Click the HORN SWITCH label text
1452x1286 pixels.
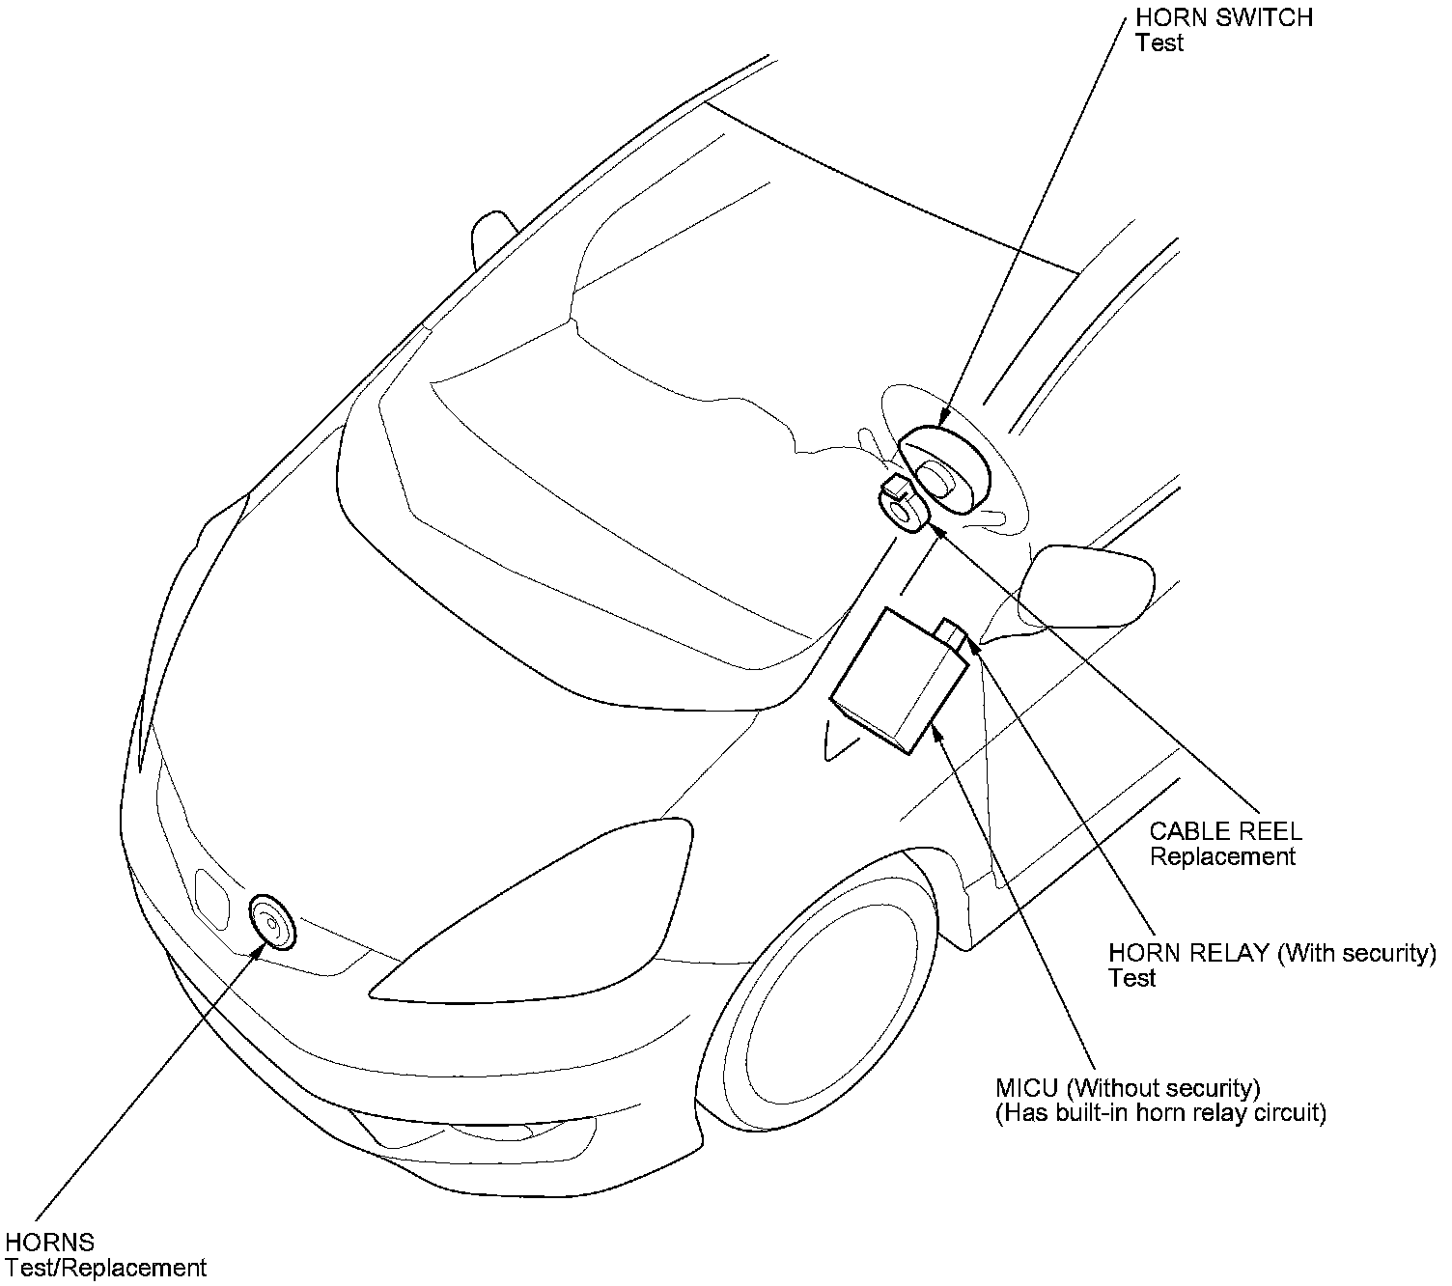(x=1223, y=18)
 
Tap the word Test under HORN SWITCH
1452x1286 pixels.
(x=1159, y=43)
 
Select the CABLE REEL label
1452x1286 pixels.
(x=1225, y=830)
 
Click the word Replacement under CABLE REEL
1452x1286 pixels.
(x=1222, y=856)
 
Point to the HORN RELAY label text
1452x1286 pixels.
(x=1188, y=953)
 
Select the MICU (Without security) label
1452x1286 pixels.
(x=1127, y=1088)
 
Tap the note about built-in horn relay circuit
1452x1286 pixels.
(x=1160, y=1113)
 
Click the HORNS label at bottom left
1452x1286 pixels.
(x=49, y=1242)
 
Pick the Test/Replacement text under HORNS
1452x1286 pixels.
(x=105, y=1268)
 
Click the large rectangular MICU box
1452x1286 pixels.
(x=897, y=680)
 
